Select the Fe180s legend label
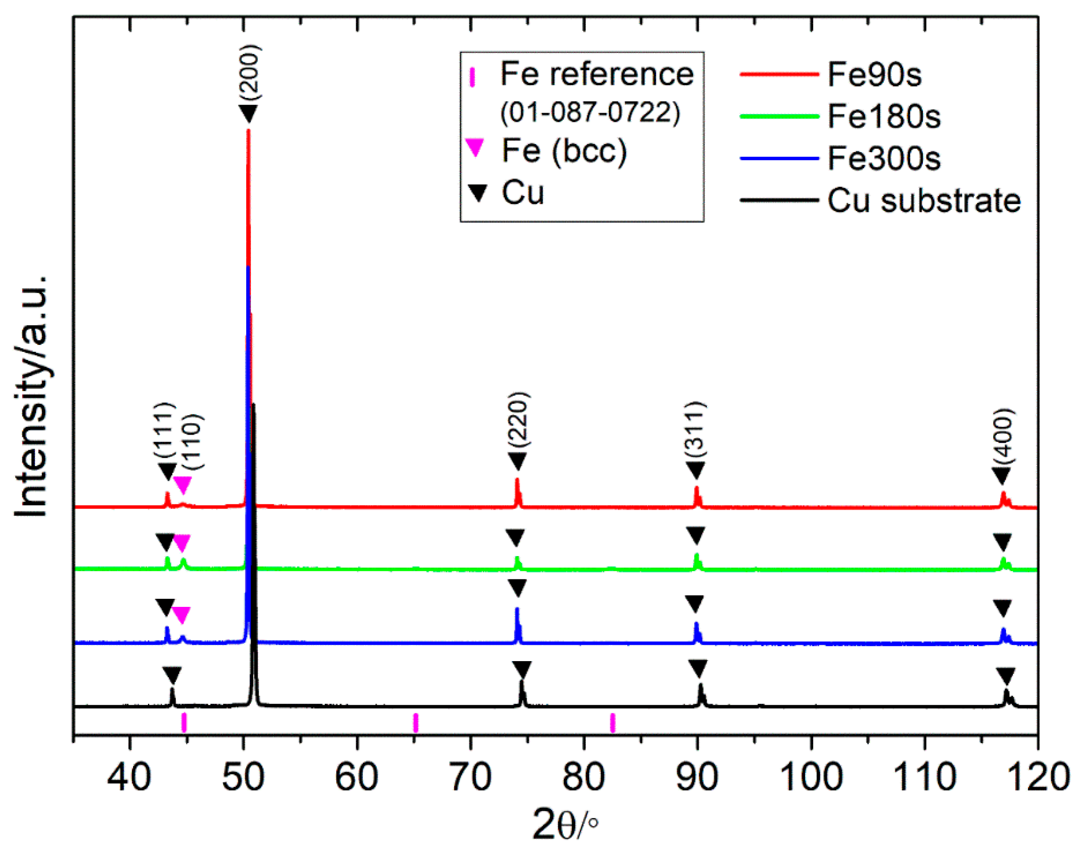pos(883,117)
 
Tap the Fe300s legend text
pos(883,159)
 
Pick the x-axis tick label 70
pos(470,777)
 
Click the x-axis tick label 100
pos(811,777)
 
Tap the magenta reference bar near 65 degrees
pos(415,723)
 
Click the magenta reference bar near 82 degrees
pos(613,723)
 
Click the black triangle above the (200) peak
pos(248,113)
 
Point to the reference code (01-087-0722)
pos(590,113)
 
